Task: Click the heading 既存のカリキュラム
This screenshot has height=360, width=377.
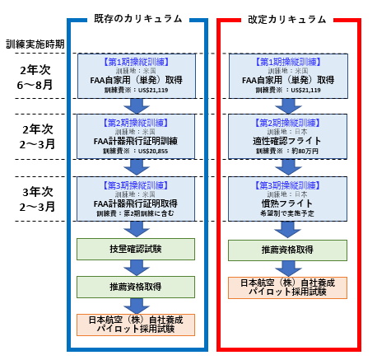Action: coord(135,17)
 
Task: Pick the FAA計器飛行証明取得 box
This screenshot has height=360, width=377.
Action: coord(135,194)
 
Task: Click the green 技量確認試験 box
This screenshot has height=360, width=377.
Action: coord(135,248)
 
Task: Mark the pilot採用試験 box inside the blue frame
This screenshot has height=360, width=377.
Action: coord(135,323)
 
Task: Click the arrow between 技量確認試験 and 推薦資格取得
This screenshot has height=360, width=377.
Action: coord(135,267)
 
